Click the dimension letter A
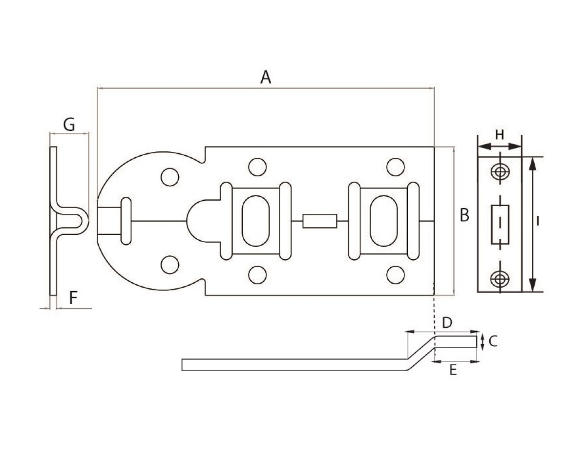(265, 77)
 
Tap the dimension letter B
(464, 215)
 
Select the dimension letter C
(493, 341)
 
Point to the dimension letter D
(447, 322)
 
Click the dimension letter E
(453, 371)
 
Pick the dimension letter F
(73, 298)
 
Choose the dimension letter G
(69, 125)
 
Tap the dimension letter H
(500, 135)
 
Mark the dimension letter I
(537, 221)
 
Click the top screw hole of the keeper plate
(499, 171)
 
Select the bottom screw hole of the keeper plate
(499, 278)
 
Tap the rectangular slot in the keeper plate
(500, 224)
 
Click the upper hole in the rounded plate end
(169, 177)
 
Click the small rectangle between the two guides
(319, 221)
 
